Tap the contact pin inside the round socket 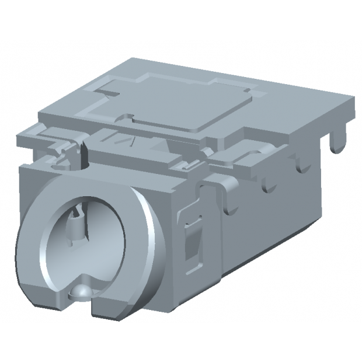pyautogui.click(x=75, y=224)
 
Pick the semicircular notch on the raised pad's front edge pyautogui.click(x=125, y=114)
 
